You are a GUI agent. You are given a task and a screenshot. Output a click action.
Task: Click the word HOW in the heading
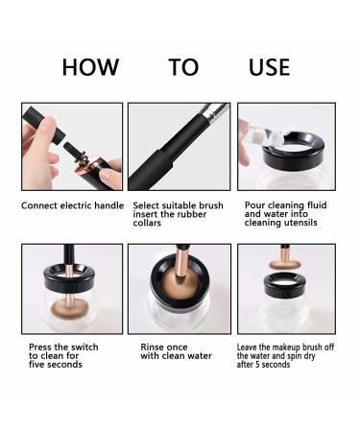90,67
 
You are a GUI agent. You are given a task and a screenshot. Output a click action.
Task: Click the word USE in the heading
269,67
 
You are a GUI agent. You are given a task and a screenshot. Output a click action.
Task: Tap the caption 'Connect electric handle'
71,205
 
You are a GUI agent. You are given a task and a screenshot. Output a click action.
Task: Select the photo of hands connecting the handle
72,148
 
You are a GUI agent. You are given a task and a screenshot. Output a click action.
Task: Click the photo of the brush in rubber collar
180,148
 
